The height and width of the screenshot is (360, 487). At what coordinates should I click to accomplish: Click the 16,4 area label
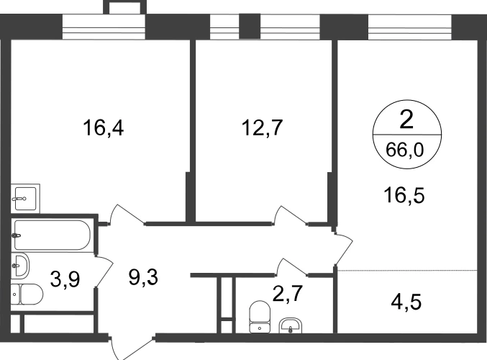coord(103,127)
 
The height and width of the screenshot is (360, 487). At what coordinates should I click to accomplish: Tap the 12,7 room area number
coord(262,127)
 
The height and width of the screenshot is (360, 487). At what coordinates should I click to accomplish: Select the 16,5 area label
coord(404,195)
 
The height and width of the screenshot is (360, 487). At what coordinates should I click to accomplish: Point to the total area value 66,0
coord(405,150)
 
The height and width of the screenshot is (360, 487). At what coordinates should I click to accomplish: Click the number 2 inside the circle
coord(406,120)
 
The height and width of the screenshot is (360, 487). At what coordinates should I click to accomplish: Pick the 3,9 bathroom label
coord(65,279)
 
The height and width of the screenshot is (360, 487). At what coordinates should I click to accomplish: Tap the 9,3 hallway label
coord(143,277)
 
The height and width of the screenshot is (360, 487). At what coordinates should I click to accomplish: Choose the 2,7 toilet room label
coord(287,294)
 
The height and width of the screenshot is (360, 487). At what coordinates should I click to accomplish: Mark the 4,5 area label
coord(406,302)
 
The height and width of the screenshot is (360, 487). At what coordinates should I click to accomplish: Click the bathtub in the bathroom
coord(52,235)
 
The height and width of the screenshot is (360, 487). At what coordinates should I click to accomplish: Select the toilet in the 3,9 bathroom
coord(27,294)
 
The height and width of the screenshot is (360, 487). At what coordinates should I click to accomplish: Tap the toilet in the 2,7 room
coord(260,317)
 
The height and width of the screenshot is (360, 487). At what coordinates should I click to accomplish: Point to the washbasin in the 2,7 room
coord(291,325)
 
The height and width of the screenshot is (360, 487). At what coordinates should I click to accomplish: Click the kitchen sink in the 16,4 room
coord(25,198)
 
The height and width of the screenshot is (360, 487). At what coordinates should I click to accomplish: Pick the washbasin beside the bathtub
coord(20,265)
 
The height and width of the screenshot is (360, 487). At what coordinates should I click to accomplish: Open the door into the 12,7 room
coord(290,215)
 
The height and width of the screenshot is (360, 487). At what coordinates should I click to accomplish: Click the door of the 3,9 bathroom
coord(104,271)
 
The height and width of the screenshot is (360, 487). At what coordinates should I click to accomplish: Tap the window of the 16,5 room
coord(409,27)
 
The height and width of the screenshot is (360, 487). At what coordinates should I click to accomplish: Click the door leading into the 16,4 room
coord(127,215)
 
